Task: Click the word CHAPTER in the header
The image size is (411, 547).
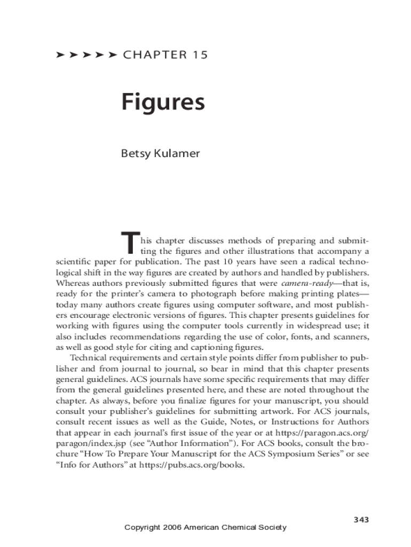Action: (x=154, y=54)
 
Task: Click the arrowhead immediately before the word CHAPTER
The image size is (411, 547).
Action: (x=112, y=54)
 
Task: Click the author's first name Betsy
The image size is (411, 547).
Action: (x=136, y=154)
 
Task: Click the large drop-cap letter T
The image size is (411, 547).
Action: (x=130, y=243)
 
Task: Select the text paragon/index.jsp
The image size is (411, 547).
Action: (x=90, y=443)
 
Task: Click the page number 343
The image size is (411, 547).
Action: (x=361, y=520)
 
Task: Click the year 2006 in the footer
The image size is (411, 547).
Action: (x=172, y=527)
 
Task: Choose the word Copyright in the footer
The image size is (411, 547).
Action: (x=142, y=527)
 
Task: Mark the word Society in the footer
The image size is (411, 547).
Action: (x=271, y=527)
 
